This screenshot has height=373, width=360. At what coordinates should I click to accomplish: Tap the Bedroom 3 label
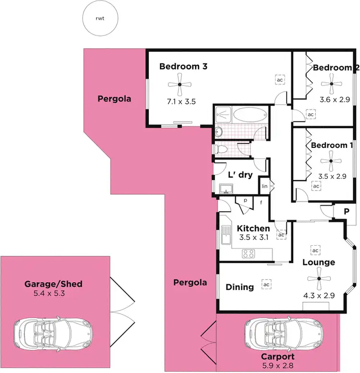click(176, 67)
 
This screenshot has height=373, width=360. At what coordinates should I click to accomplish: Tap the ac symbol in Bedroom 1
click(316, 186)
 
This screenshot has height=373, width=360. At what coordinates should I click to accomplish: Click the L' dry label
click(240, 175)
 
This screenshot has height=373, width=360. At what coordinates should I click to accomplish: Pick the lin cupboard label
click(264, 186)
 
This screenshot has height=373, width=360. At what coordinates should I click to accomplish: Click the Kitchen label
click(253, 228)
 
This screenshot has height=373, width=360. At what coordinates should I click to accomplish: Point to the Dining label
click(240, 287)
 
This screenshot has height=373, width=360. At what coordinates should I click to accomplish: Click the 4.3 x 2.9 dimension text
click(319, 296)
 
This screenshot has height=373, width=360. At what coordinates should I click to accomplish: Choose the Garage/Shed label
click(53, 284)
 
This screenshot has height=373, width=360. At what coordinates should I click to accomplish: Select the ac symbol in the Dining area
click(265, 284)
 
